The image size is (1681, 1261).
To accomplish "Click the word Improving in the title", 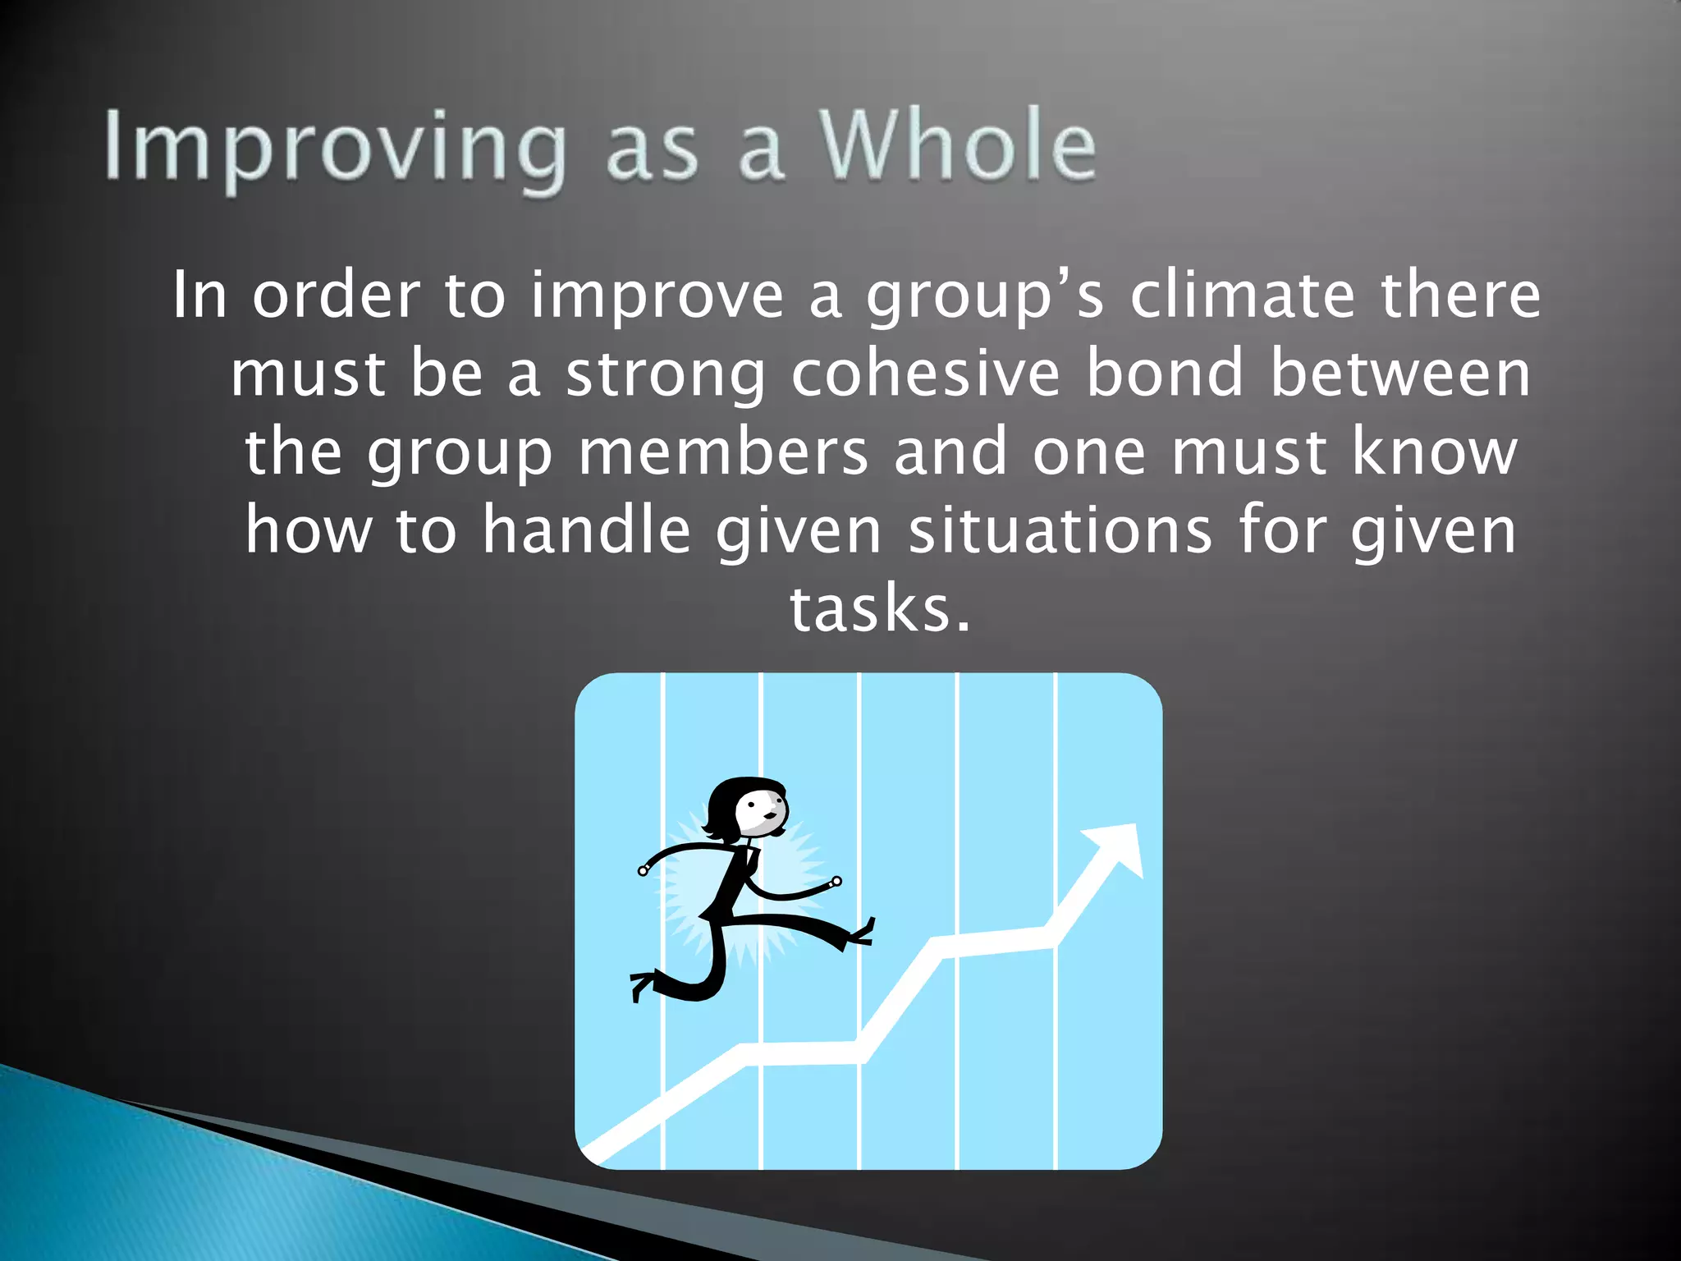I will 335,148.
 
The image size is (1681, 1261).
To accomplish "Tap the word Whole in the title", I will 957,146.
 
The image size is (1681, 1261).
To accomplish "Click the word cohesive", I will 926,374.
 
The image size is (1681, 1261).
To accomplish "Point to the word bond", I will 1166,374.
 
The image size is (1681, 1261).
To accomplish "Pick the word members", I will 723,452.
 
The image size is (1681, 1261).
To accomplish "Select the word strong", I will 666,375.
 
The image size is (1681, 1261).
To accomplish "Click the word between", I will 1400,374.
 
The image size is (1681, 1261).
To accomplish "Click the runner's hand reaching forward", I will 836,883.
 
